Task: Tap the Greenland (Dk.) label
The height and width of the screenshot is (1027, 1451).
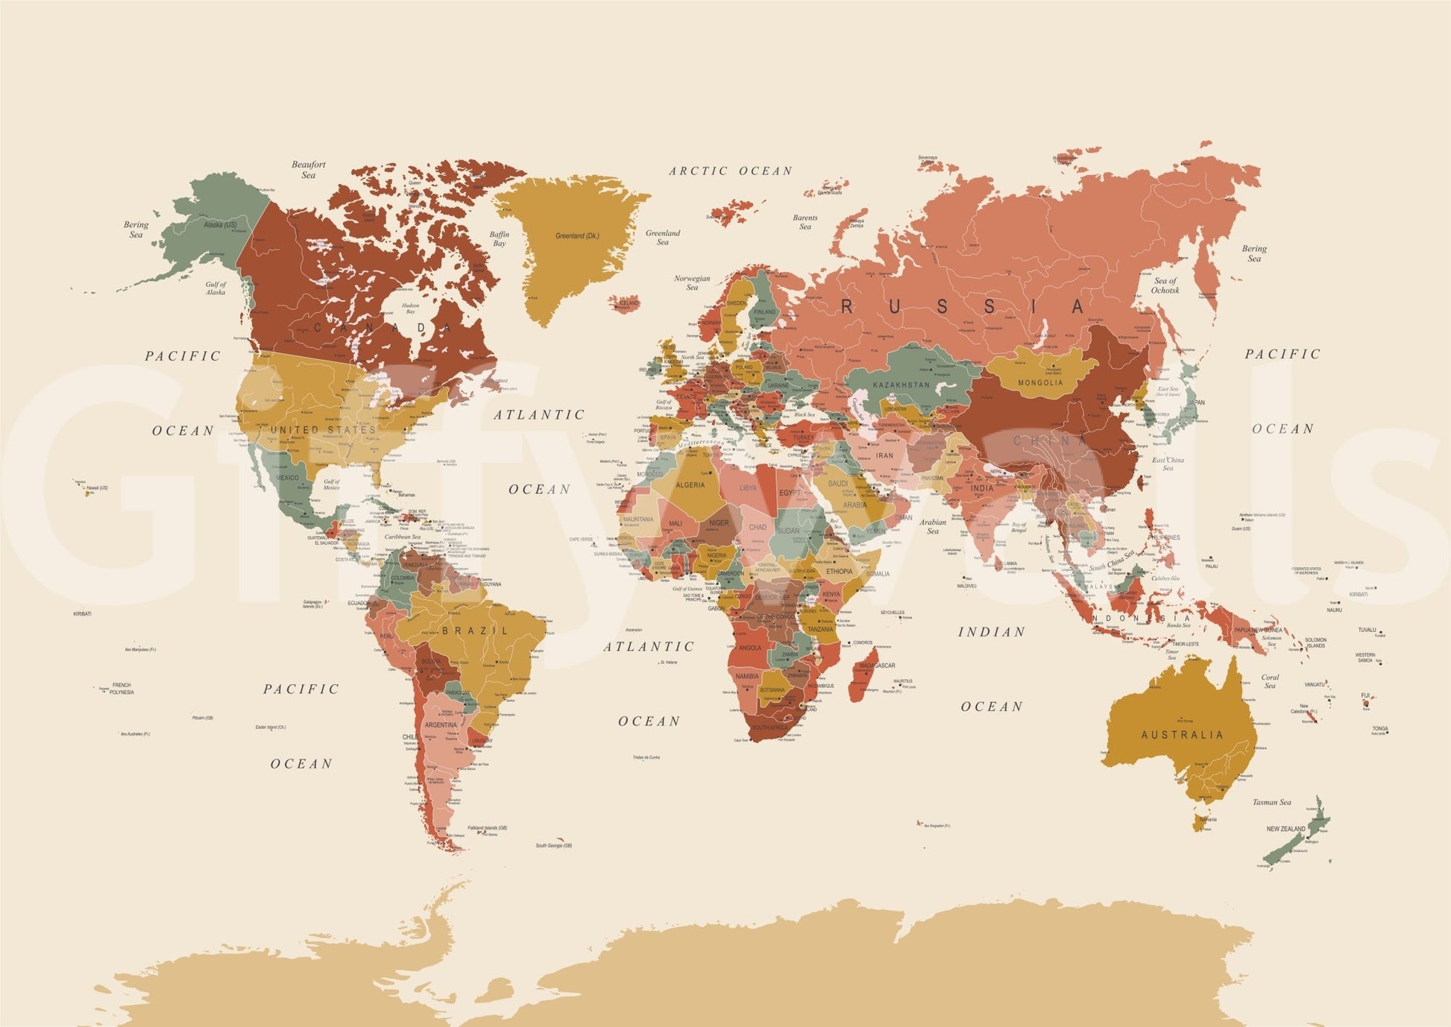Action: [576, 236]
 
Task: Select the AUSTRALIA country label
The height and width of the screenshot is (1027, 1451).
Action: [1183, 735]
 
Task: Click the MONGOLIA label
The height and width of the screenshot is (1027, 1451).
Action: [1040, 383]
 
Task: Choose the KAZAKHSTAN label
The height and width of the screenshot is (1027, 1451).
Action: [901, 385]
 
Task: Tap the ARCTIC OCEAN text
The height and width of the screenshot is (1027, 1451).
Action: [730, 171]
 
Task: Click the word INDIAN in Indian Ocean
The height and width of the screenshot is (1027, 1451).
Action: [991, 632]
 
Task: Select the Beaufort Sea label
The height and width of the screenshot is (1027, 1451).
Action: [308, 169]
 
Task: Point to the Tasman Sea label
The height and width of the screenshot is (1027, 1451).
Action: [1271, 803]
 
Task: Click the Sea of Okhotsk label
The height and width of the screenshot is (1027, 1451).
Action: [1165, 285]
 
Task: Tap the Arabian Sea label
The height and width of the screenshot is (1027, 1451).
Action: [932, 526]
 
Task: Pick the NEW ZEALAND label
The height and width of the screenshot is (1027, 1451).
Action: [1285, 829]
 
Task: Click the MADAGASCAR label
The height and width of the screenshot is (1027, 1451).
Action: [877, 666]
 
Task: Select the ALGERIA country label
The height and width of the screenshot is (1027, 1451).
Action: [690, 485]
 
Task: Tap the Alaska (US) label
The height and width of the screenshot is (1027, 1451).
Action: [220, 224]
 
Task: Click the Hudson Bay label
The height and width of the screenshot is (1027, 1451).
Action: [410, 308]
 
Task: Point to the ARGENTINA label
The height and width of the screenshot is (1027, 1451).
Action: [440, 724]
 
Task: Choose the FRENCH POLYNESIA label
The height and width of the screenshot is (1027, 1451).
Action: [121, 689]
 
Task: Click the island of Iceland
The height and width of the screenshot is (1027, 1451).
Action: [626, 303]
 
